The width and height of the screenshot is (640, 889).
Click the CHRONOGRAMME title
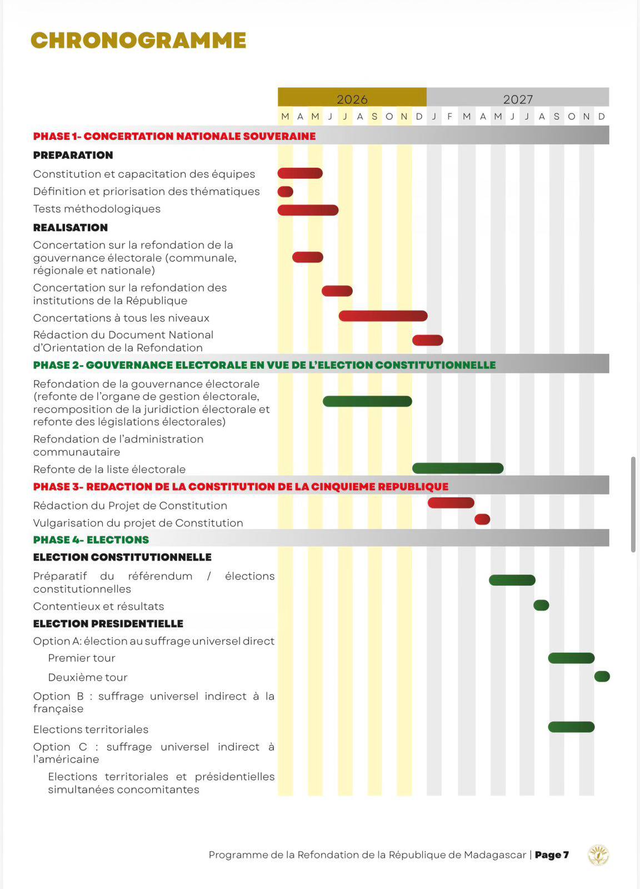[138, 41]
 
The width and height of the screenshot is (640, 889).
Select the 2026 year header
[352, 99]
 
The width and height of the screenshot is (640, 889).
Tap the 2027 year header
[518, 99]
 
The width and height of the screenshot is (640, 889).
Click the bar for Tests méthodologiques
[308, 210]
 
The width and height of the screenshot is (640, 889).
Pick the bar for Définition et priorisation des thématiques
[286, 192]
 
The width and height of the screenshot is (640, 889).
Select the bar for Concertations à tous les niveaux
[383, 316]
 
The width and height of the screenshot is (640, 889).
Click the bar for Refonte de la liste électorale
[458, 468]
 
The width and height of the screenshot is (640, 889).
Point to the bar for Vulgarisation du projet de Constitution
[482, 520]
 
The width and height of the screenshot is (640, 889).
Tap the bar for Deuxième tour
[602, 676]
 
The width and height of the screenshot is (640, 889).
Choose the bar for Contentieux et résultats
[541, 605]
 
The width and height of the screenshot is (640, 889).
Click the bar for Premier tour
[571, 658]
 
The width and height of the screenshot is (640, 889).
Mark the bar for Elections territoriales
[571, 727]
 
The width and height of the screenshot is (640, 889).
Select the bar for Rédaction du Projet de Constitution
[451, 503]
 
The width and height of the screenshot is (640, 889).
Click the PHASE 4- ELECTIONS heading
[91, 540]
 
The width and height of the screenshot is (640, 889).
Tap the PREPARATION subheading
[73, 155]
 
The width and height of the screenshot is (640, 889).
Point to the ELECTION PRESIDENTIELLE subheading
[108, 623]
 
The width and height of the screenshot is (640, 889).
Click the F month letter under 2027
[449, 117]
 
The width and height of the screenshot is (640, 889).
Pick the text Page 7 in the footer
[552, 855]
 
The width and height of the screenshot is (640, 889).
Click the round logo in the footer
[598, 855]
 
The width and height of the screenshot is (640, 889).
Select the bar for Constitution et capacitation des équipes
[300, 173]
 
